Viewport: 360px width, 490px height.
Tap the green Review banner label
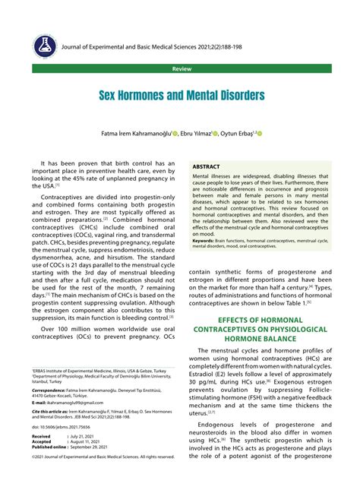click(x=181, y=68)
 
